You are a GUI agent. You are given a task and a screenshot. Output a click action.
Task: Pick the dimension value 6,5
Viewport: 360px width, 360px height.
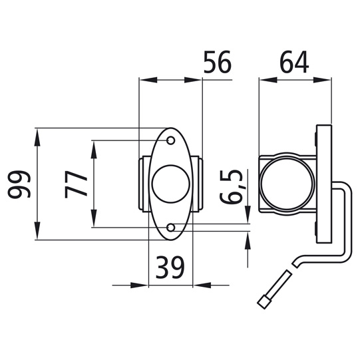click(x=235, y=188)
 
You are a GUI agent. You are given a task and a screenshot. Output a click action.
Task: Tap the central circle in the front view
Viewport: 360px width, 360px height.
click(x=170, y=184)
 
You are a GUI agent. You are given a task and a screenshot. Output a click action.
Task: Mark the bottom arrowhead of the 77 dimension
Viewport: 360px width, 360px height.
click(x=94, y=223)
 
